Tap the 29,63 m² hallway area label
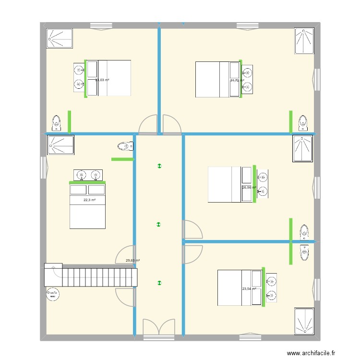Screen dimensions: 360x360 click(132, 261)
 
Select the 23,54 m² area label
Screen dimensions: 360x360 click(249, 289)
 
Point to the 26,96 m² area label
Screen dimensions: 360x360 click(249, 188)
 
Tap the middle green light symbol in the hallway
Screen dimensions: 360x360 click(159, 224)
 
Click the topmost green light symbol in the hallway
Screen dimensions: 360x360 click(159, 167)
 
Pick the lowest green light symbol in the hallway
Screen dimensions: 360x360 click(159, 283)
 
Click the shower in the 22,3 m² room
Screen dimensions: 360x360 click(61, 145)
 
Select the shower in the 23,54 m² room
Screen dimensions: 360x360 click(304, 321)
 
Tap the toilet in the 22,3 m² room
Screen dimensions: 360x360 click(124, 146)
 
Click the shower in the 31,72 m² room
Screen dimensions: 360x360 click(304, 41)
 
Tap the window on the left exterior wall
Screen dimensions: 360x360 click(43, 166)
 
